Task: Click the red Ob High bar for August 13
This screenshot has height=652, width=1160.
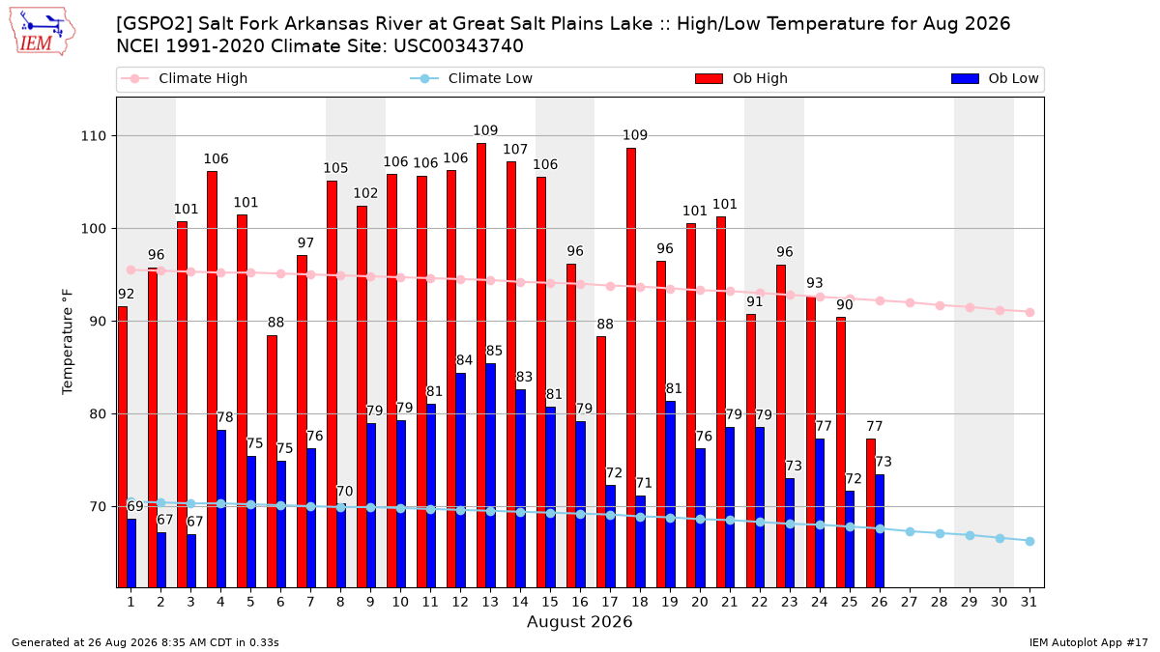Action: click(x=481, y=365)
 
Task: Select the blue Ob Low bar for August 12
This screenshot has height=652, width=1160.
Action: click(x=460, y=480)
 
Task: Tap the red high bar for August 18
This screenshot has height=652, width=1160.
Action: click(x=630, y=367)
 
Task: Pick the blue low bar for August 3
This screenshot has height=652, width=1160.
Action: click(x=191, y=561)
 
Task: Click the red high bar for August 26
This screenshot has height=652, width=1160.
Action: click(x=871, y=513)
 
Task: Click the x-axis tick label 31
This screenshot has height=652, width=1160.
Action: click(x=1029, y=602)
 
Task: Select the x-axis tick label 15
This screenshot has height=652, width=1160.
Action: click(x=550, y=602)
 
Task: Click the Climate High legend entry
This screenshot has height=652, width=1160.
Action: click(x=184, y=78)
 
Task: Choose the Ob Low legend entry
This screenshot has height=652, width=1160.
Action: click(x=995, y=78)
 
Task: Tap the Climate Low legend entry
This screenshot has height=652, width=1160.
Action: click(x=472, y=78)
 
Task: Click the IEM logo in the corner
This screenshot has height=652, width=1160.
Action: click(x=42, y=32)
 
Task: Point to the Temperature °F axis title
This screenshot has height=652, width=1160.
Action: click(x=68, y=342)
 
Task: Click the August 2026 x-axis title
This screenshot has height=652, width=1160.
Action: click(x=579, y=621)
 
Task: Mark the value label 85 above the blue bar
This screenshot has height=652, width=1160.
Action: click(x=494, y=351)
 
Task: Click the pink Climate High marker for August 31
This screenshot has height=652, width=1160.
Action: click(x=1029, y=313)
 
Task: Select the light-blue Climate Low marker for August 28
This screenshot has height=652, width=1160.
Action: click(x=940, y=533)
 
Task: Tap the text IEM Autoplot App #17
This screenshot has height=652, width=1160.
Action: click(x=1088, y=642)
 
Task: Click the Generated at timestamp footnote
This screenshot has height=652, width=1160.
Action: click(x=145, y=642)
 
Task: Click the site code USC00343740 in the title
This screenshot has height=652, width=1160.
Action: click(x=458, y=46)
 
